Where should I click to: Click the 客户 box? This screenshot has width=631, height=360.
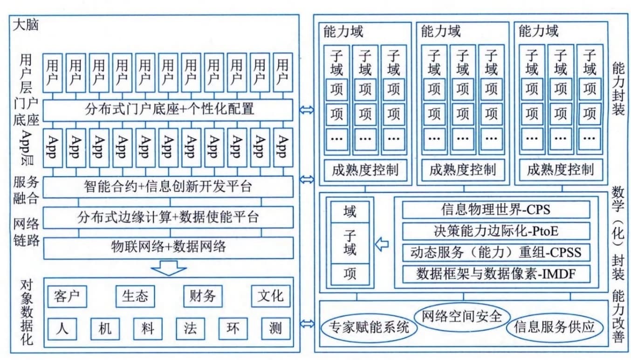(x=67, y=296)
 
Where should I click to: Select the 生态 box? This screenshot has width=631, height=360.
(x=135, y=296)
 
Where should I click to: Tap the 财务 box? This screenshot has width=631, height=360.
(x=203, y=296)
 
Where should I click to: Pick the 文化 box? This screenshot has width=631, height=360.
(x=270, y=296)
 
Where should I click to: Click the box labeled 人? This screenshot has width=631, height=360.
(x=62, y=329)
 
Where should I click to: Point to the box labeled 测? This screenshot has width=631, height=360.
(x=275, y=329)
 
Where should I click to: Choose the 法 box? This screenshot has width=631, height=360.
(x=190, y=329)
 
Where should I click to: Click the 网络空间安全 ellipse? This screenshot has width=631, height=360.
(x=462, y=317)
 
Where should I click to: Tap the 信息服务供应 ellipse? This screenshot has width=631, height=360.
(x=555, y=327)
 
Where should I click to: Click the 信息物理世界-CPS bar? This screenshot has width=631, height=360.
(x=496, y=210)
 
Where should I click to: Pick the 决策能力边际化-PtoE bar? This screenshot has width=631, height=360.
(x=496, y=231)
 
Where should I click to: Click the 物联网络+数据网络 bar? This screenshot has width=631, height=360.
(x=168, y=248)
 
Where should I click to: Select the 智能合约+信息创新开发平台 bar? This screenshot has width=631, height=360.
(x=168, y=187)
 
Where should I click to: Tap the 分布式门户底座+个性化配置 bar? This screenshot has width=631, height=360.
(x=168, y=110)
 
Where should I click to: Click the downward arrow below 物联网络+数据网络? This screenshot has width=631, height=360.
(x=168, y=268)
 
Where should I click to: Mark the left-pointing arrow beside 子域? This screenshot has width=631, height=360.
(x=382, y=244)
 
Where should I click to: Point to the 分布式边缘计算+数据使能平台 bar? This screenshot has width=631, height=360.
(x=168, y=217)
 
